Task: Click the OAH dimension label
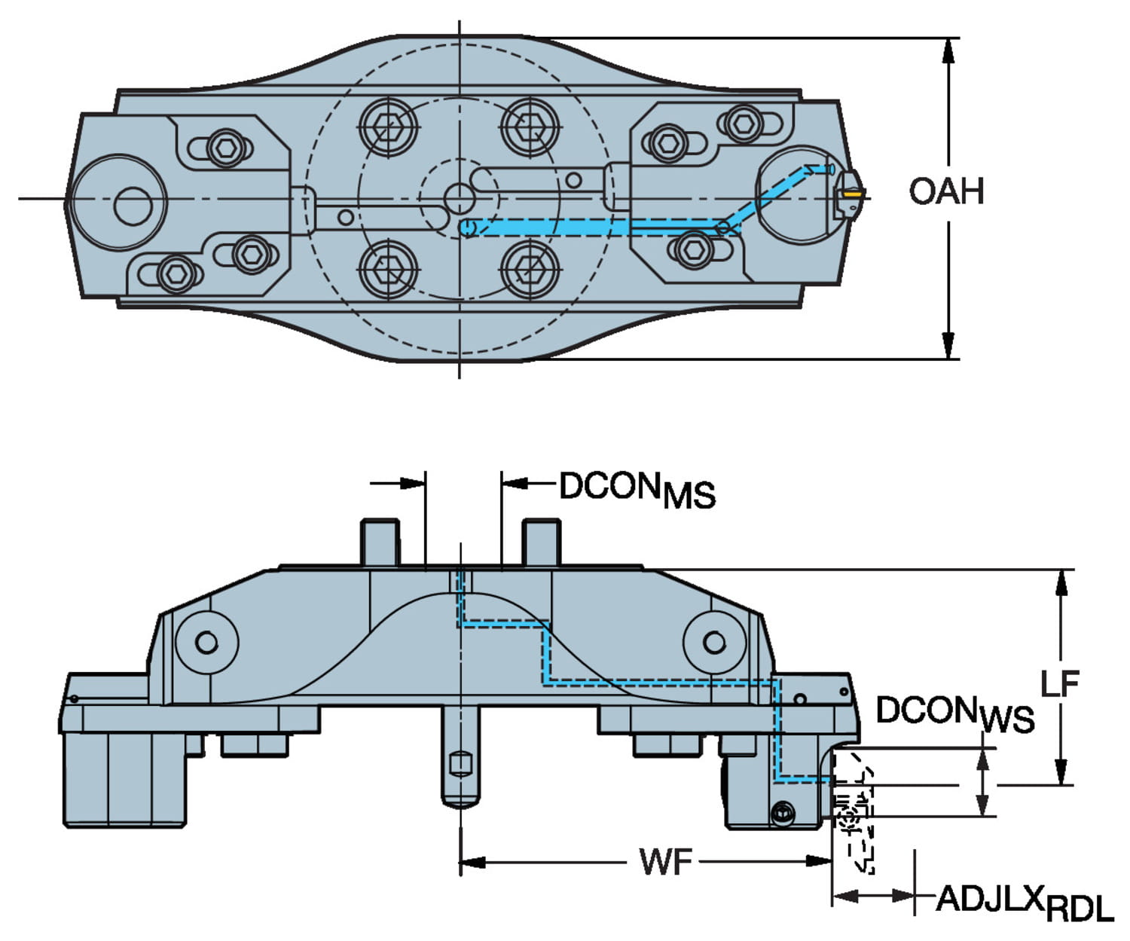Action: [946, 191]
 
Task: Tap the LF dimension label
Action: [1060, 683]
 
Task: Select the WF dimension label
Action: [665, 861]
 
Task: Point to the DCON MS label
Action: [637, 490]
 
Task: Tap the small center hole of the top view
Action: [459, 198]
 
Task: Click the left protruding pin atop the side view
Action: [380, 542]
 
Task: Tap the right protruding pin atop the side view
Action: [541, 542]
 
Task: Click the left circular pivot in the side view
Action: [206, 643]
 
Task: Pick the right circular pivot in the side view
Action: [714, 643]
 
